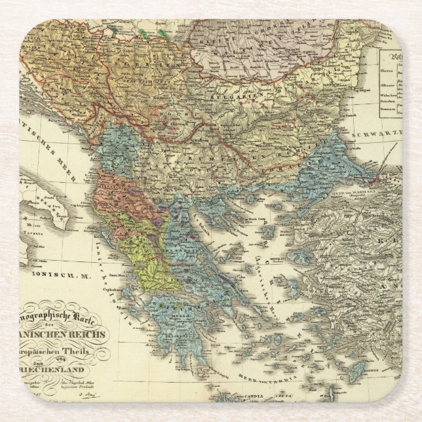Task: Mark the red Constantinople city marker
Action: pos(375,178)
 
